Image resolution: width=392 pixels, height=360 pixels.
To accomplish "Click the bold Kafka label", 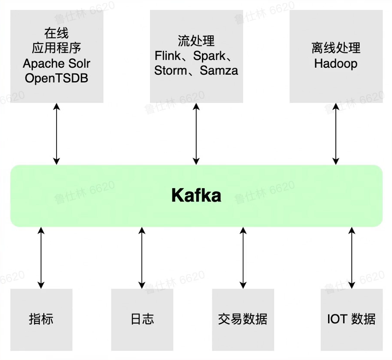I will point(196,196).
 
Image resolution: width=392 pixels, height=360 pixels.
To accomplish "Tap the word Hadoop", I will point(336,64).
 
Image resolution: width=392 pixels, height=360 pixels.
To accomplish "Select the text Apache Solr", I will point(57,64).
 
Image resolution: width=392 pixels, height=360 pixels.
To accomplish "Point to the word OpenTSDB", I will point(57,78).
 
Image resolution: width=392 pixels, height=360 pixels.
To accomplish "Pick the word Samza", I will point(219,70).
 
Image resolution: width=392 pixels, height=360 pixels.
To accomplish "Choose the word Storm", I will point(170,70).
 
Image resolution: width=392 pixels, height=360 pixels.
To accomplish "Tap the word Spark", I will point(209,56).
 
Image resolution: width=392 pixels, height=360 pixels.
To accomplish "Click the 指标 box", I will point(41,319).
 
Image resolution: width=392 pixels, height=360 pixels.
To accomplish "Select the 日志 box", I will point(142,319).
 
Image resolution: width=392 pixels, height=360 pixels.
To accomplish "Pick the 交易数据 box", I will point(243,319).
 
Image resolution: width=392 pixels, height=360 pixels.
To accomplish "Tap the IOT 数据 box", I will point(351,319).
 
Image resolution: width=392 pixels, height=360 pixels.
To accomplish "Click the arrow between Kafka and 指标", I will point(41,258).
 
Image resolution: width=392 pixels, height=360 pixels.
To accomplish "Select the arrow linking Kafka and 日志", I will point(142,258).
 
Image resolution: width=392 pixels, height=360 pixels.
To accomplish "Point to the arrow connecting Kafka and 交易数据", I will point(243,258).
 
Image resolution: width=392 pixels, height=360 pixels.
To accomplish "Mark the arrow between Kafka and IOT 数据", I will point(351,258).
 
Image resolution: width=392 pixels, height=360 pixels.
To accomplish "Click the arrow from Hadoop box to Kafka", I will point(336,134).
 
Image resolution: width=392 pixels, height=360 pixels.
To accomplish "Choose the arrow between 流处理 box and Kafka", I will point(196,134).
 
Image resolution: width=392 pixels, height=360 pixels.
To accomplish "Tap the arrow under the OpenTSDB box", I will point(57,134).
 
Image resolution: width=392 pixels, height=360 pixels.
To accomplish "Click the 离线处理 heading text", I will point(336,48).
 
